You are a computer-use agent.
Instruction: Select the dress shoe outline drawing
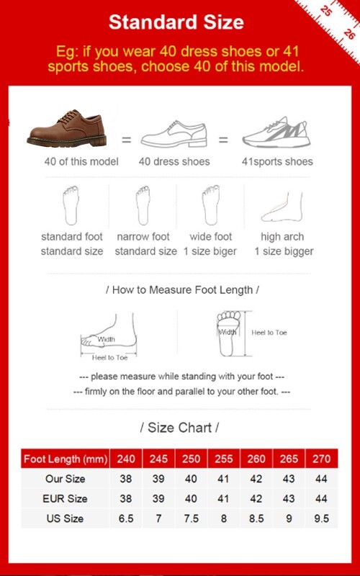(x=174, y=134)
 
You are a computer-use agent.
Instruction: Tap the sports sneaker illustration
(x=276, y=132)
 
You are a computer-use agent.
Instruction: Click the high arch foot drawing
(x=282, y=207)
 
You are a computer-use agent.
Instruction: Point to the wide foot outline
(x=210, y=205)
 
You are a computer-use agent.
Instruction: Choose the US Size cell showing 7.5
(x=191, y=518)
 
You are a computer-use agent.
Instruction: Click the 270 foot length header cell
(x=321, y=459)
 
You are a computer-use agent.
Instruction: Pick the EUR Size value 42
(x=256, y=498)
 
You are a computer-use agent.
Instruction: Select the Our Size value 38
(x=125, y=479)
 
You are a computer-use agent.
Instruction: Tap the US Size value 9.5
(x=321, y=518)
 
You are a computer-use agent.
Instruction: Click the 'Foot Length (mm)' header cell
(x=66, y=459)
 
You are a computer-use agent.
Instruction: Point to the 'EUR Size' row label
(x=65, y=498)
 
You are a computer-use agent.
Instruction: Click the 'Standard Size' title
(x=176, y=22)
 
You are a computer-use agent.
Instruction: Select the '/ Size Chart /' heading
(x=179, y=428)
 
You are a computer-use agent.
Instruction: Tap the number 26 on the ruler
(x=349, y=34)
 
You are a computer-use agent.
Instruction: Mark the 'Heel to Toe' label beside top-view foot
(x=269, y=333)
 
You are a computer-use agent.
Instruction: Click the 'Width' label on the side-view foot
(x=106, y=339)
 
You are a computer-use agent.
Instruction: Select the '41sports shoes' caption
(x=277, y=161)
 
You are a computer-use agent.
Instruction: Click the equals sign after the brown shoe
(x=127, y=140)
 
